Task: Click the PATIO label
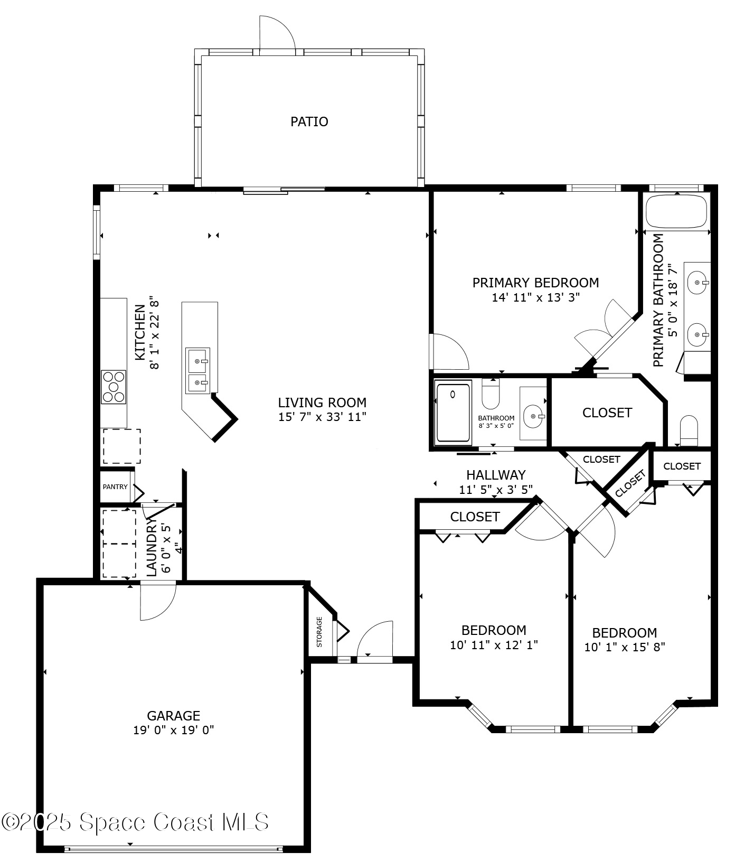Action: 309,121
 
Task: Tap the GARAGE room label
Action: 173,716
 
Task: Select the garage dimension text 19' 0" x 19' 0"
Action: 173,730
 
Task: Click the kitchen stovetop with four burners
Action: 114,387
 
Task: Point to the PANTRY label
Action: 115,486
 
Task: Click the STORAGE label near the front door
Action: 319,632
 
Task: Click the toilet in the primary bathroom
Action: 689,430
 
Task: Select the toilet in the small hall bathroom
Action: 491,394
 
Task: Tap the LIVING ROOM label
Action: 322,403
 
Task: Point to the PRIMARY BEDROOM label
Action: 535,283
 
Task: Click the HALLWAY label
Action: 496,475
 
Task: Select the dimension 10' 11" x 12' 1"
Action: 494,644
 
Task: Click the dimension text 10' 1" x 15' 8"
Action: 625,647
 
